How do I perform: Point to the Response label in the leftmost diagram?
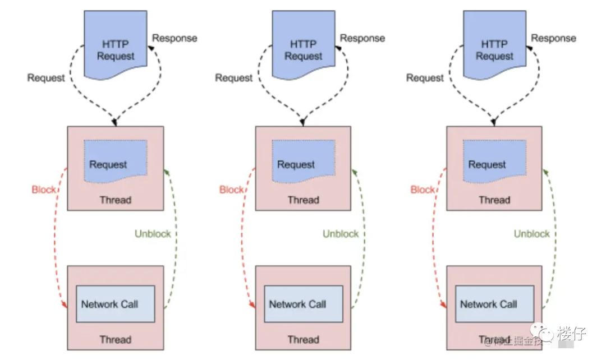click(175, 38)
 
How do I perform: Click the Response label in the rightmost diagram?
click(554, 38)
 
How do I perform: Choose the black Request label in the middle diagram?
click(233, 78)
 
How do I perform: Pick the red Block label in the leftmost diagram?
click(44, 190)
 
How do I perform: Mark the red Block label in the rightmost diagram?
click(423, 190)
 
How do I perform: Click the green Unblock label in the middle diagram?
click(341, 234)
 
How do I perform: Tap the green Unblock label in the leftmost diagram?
click(153, 234)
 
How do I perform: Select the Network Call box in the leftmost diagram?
click(116, 304)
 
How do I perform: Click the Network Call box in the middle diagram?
click(304, 304)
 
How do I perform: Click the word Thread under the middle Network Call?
click(304, 339)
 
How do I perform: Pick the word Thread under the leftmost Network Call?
click(116, 339)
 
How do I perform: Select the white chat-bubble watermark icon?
click(541, 333)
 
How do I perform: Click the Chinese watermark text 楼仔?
click(572, 333)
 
